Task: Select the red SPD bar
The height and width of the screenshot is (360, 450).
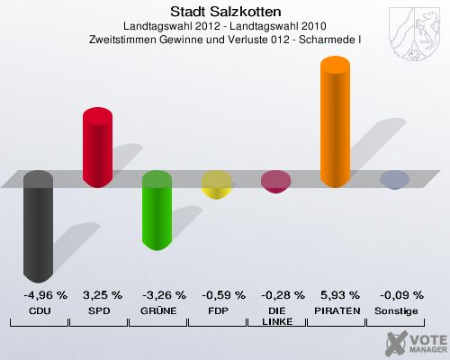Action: [97, 147]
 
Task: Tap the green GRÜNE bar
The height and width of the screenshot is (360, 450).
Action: [157, 211]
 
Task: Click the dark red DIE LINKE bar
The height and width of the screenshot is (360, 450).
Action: [275, 182]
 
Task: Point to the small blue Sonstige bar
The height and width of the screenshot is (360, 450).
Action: [393, 180]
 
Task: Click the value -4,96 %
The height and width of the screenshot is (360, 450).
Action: [39, 295]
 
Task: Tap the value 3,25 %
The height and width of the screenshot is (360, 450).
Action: [98, 295]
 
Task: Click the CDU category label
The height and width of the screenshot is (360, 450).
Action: [39, 310]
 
